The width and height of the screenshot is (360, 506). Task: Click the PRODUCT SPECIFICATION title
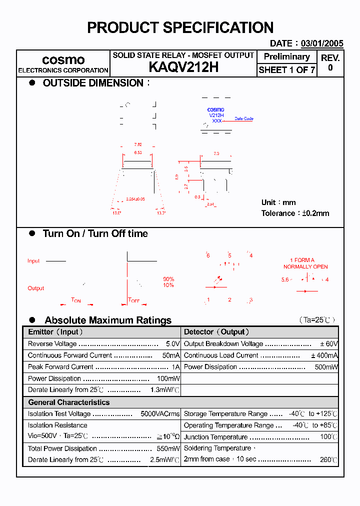180,27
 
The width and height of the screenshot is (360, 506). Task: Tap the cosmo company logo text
63,60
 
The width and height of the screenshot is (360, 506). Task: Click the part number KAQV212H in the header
183,67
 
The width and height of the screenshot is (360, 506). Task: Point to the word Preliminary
286,56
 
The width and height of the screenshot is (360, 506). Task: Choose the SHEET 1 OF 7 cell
286,70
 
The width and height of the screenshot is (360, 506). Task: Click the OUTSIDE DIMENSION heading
93,83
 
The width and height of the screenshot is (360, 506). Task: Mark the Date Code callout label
244,119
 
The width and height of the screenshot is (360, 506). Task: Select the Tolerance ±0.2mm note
295,213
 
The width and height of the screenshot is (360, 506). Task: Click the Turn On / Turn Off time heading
95,233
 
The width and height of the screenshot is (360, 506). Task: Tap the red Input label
33,261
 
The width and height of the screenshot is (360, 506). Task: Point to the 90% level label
168,279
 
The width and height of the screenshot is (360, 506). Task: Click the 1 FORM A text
302,260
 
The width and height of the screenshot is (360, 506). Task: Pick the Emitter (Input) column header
55,332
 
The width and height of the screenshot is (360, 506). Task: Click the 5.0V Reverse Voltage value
172,344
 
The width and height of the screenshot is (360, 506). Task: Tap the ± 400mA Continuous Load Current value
324,355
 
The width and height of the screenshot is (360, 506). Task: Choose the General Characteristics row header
68,402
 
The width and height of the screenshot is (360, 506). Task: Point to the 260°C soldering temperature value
328,459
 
